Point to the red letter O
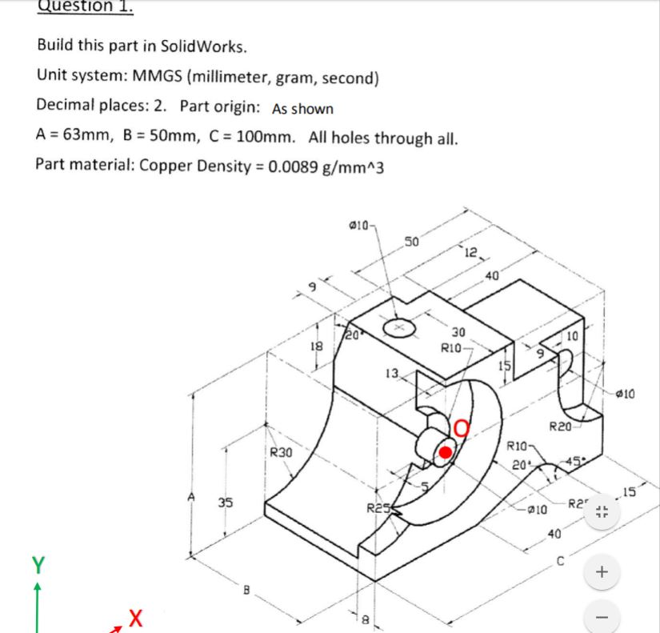click(462, 431)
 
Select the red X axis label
click(136, 618)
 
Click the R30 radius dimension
click(280, 452)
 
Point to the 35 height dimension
click(227, 503)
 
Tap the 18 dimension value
click(316, 346)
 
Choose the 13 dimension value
click(391, 373)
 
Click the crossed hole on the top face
click(399, 327)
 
